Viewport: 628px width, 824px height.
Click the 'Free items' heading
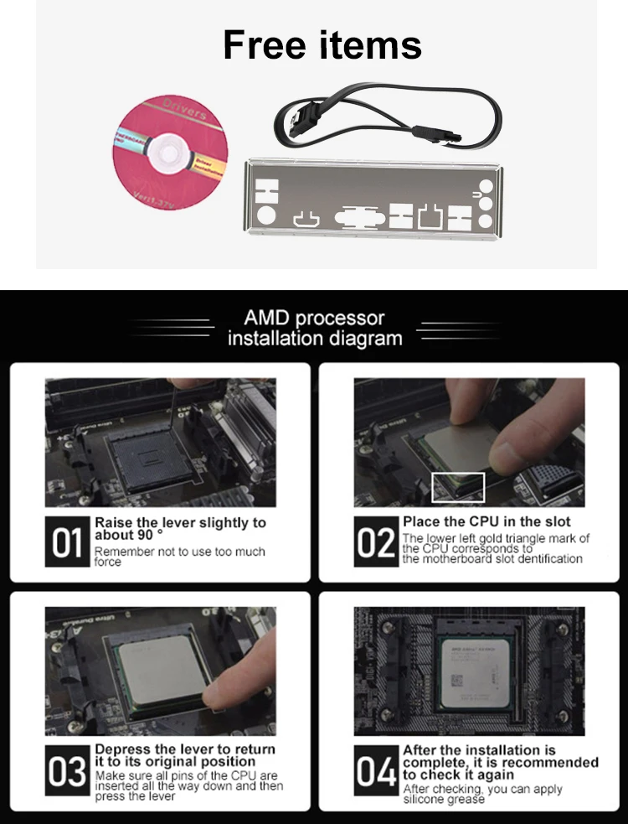coord(322,44)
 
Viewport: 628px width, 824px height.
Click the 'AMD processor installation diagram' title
coord(314,329)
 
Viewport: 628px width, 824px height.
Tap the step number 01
coord(68,542)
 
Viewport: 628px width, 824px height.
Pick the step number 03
coord(68,770)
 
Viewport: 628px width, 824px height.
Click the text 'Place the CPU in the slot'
coord(486,521)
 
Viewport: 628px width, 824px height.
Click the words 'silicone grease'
coord(444,800)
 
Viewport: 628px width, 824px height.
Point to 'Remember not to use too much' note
coord(179,552)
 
